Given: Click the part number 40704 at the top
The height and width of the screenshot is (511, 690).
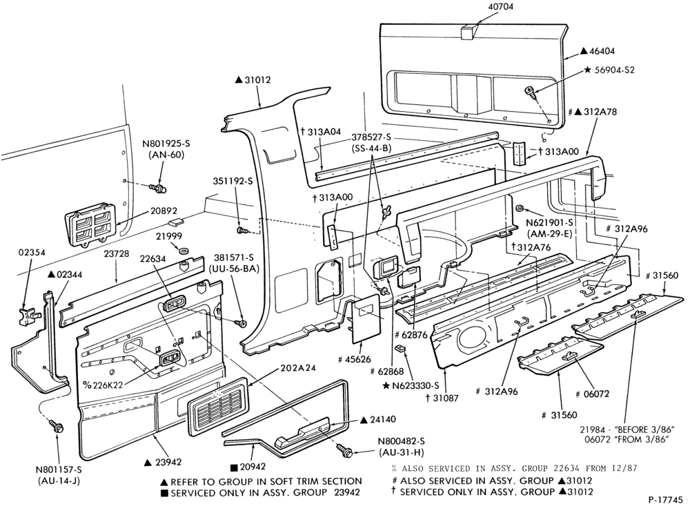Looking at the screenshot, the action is coord(501,7).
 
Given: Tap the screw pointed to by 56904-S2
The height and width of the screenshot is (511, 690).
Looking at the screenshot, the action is coord(530,93).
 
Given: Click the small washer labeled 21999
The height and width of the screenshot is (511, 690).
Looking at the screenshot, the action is coord(183,251).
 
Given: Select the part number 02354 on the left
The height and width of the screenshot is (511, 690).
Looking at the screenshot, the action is coord(32,253).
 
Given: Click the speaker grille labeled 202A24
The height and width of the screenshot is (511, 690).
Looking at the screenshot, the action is coord(218,406).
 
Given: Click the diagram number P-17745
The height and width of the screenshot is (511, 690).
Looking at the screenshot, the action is coord(666,499).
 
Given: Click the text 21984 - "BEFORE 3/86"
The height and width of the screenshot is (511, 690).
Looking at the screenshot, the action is coord(627,430).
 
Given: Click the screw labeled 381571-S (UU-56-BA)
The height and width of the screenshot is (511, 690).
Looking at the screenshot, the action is coord(241,323).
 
